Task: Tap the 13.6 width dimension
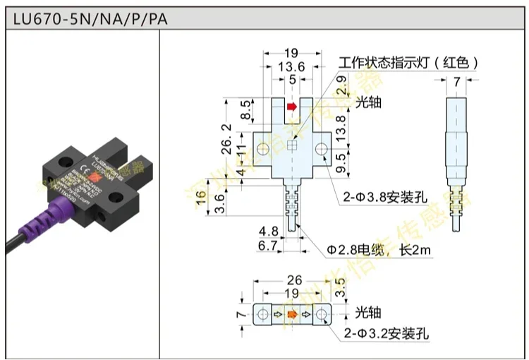pos(292,66)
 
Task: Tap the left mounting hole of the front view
pos(264,149)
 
